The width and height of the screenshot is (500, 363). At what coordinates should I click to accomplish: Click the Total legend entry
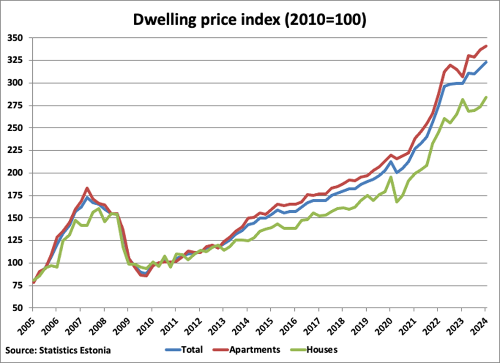[185, 350]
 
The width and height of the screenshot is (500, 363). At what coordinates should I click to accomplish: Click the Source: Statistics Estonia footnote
[58, 350]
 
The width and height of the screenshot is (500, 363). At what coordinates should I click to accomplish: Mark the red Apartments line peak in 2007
[87, 188]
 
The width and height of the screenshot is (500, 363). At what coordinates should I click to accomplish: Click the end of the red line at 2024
[486, 46]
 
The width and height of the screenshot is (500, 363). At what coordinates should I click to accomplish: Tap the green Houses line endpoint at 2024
[486, 97]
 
